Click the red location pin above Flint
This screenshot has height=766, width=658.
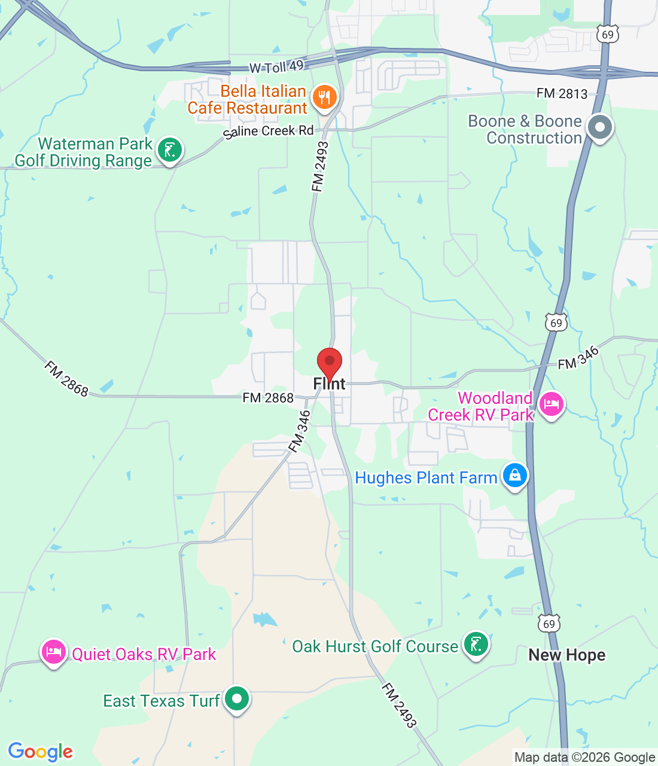[x=329, y=362]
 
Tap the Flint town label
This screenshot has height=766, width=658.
[x=330, y=384]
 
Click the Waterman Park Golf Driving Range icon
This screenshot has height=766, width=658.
[x=170, y=150]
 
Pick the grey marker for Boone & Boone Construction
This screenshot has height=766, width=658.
[x=599, y=127]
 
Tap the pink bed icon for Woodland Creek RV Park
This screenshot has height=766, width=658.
[x=551, y=405]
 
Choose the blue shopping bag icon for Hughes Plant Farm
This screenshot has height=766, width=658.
[x=514, y=476]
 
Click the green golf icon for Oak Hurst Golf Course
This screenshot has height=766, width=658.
[x=476, y=645]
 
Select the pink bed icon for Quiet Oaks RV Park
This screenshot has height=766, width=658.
[x=54, y=651]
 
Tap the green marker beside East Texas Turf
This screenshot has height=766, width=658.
[x=237, y=699]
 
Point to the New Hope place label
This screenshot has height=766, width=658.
[x=566, y=655]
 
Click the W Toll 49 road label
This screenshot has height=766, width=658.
[x=276, y=66]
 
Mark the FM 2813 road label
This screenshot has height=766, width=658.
[x=562, y=93]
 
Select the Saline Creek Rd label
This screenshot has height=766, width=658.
[x=269, y=131]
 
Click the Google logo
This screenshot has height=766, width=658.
[x=41, y=752]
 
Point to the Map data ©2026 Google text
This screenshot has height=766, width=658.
[x=584, y=758]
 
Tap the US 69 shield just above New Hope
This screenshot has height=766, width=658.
[x=549, y=624]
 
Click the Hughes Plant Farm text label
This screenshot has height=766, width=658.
[x=426, y=478]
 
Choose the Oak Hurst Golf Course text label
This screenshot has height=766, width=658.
[x=375, y=646]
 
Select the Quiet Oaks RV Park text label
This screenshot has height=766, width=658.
[x=144, y=654]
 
